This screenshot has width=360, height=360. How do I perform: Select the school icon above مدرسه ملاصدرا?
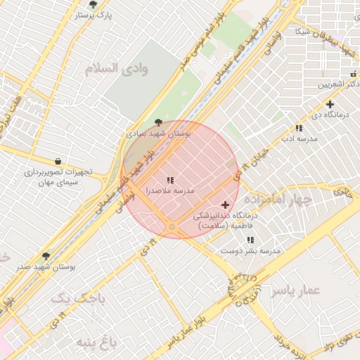click(x=170, y=181)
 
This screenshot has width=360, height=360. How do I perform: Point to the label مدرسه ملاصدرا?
click(x=169, y=191)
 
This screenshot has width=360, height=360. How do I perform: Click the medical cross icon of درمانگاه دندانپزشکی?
click(x=225, y=205)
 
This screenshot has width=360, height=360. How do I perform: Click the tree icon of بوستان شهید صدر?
click(x=46, y=257)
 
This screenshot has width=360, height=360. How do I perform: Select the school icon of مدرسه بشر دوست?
click(x=251, y=240)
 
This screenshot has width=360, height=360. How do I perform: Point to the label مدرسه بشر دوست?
click(x=252, y=250)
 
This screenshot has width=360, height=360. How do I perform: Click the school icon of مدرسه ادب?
click(x=299, y=128)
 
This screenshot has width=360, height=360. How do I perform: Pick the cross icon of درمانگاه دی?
click(x=330, y=104)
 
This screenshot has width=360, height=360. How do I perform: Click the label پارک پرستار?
click(x=94, y=14)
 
